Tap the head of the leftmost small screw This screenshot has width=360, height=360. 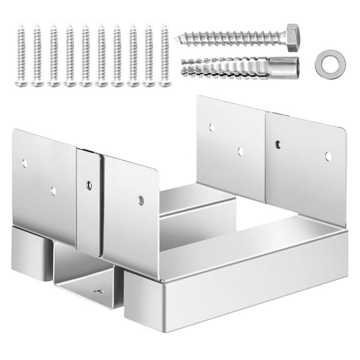pyautogui.click(x=22, y=83)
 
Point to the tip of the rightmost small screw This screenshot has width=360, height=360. pyautogui.click(x=164, y=26)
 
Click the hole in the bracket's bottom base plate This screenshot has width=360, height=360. pyautogui.click(x=98, y=291)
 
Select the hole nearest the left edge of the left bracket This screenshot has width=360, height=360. pyautogui.click(x=25, y=164)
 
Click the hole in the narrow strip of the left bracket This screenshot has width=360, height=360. pyautogui.click(x=89, y=186)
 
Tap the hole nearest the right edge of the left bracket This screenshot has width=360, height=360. pyautogui.click(x=141, y=201)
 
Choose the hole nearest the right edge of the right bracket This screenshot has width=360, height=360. pyautogui.click(x=328, y=156)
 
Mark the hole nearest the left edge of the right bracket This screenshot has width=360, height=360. pyautogui.click(x=212, y=127)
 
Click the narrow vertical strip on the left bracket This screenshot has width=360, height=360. pyautogui.click(x=89, y=200)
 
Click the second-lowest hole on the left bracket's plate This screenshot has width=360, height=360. pyautogui.click(x=53, y=191)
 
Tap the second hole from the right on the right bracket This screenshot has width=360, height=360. pyautogui.click(x=277, y=145)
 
